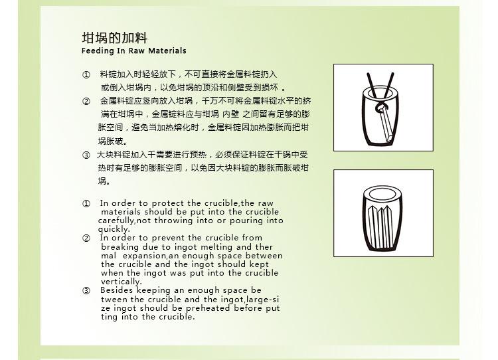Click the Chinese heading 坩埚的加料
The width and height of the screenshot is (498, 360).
tap(115, 38)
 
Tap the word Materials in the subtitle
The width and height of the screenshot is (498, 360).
tap(167, 51)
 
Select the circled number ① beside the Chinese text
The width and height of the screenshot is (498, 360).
tap(86, 74)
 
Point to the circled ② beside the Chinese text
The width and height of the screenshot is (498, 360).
tap(86, 102)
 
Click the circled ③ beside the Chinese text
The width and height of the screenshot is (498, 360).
tap(86, 155)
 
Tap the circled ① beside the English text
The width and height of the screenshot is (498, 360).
tap(86, 204)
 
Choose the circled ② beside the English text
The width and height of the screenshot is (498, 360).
tap(86, 238)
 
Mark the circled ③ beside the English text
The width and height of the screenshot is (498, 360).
tap(86, 291)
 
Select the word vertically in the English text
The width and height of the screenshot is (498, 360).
tap(121, 282)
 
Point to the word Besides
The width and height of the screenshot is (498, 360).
tap(117, 290)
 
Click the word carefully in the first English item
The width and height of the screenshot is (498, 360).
tap(116, 221)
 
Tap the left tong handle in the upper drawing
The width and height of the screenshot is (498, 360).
tap(372, 86)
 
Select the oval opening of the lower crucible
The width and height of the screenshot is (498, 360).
tap(382, 193)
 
